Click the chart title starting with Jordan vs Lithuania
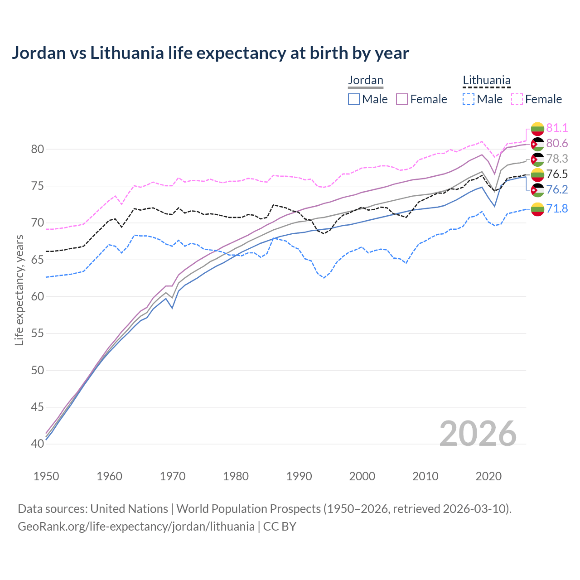pyautogui.click(x=210, y=53)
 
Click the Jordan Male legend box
pyautogui.click(x=354, y=99)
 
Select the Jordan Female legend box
pyautogui.click(x=402, y=99)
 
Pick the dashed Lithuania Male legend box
pyautogui.click(x=469, y=99)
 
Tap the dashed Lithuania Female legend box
pyautogui.click(x=517, y=99)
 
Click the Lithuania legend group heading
pyautogui.click(x=487, y=81)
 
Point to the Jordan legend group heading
pyautogui.click(x=366, y=81)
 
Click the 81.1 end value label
pyautogui.click(x=557, y=128)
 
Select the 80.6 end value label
pyautogui.click(x=557, y=143)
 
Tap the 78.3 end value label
pyautogui.click(x=557, y=159)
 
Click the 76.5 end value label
pyautogui.click(x=557, y=174)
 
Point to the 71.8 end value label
pyautogui.click(x=557, y=208)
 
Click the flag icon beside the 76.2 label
pyautogui.click(x=537, y=190)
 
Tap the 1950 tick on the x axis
pyautogui.click(x=46, y=476)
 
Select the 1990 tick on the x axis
pyautogui.click(x=299, y=476)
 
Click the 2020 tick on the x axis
pyautogui.click(x=488, y=476)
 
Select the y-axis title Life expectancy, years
pyautogui.click(x=19, y=290)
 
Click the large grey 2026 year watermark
pyautogui.click(x=478, y=434)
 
